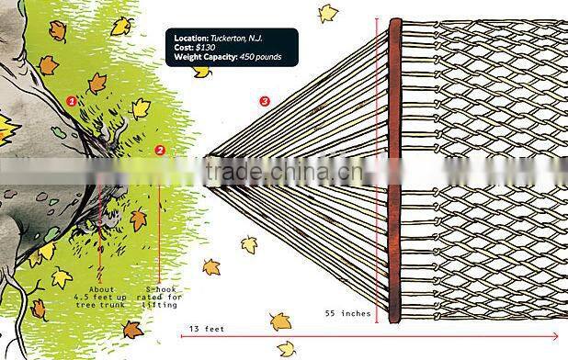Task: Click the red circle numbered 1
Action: pos(72,99)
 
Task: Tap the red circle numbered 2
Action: pos(160,150)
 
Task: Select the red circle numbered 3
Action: pos(265,101)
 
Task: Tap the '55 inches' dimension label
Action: pos(348,313)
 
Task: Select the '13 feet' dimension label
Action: pos(207,328)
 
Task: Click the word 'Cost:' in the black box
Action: pos(183,47)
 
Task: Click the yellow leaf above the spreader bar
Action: pos(328,13)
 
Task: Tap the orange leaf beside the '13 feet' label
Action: pos(279,321)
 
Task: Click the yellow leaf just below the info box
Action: pos(202,71)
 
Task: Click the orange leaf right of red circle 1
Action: pos(97,84)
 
